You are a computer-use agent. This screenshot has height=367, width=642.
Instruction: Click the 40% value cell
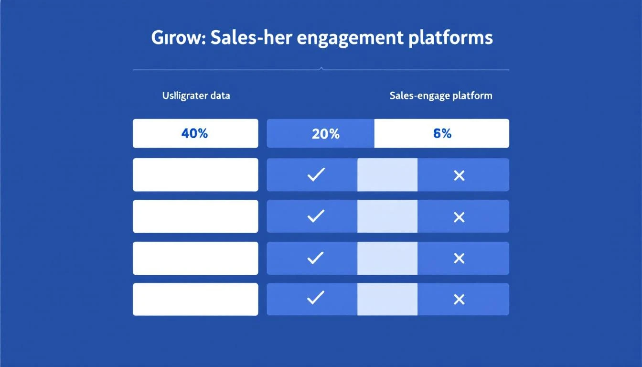click(195, 133)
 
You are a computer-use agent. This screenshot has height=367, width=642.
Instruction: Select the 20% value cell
click(325, 133)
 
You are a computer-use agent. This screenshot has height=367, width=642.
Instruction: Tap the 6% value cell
click(442, 133)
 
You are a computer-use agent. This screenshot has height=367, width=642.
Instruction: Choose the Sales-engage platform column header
click(440, 96)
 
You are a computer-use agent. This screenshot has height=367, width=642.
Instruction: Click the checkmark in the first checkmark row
click(315, 175)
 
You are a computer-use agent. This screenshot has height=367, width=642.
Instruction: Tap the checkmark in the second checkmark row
click(315, 217)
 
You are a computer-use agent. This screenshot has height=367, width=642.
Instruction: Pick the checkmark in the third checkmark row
click(315, 259)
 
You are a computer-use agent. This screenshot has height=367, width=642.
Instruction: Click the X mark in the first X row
click(459, 176)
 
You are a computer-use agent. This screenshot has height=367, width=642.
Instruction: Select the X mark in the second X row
click(459, 217)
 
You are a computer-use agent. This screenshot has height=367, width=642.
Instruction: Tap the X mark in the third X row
click(459, 259)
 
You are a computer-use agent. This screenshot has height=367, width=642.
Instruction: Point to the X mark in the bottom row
click(459, 300)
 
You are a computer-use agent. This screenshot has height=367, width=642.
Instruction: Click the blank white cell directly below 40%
click(195, 175)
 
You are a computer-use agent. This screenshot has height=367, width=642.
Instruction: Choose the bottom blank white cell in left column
click(195, 299)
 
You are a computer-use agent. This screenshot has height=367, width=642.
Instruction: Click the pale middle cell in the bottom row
click(387, 299)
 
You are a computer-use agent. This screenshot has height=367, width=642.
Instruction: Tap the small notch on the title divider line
click(321, 69)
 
